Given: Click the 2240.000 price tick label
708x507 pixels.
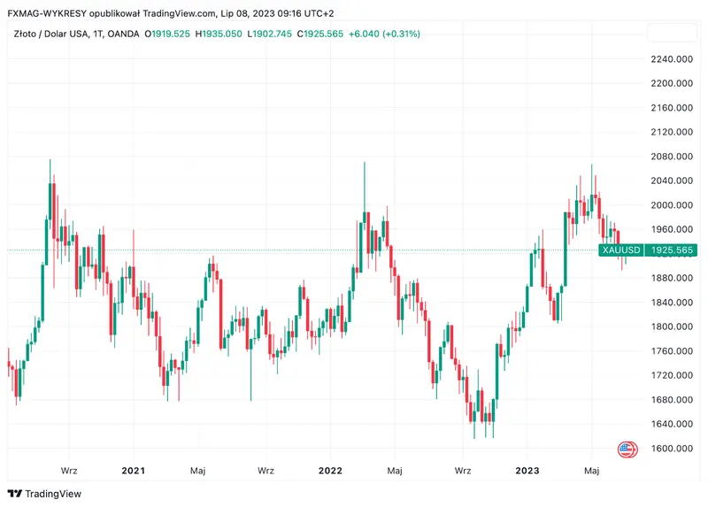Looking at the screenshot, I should click(x=670, y=59).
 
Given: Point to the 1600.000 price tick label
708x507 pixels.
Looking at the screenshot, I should click(x=670, y=449).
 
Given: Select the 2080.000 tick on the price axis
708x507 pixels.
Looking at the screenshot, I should click(x=670, y=157).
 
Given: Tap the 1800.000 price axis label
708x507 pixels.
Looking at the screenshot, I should click(x=670, y=326).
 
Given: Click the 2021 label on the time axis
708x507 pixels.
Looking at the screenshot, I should click(x=134, y=471).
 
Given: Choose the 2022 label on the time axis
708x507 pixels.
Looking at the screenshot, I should click(x=331, y=471).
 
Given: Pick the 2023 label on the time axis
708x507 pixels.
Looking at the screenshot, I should click(x=527, y=471).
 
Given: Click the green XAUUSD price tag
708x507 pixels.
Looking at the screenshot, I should click(x=620, y=250).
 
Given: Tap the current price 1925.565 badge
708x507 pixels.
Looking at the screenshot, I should click(x=670, y=250).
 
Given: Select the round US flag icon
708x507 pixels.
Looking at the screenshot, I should click(x=627, y=449).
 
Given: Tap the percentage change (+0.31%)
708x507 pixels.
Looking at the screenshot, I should click(x=397, y=34).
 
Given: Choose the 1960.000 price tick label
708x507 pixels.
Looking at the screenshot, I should click(x=670, y=229).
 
